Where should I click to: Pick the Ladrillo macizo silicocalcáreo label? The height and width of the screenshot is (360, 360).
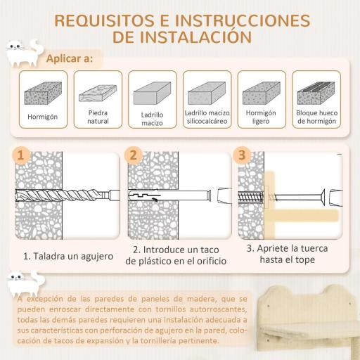207,116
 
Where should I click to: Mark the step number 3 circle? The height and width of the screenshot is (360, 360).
242,155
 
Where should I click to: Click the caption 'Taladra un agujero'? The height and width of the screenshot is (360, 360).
67,257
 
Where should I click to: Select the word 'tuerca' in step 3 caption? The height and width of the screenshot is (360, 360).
313,249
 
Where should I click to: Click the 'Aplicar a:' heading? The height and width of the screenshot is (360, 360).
68,58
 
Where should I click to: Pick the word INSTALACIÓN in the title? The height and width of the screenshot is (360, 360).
191,36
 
